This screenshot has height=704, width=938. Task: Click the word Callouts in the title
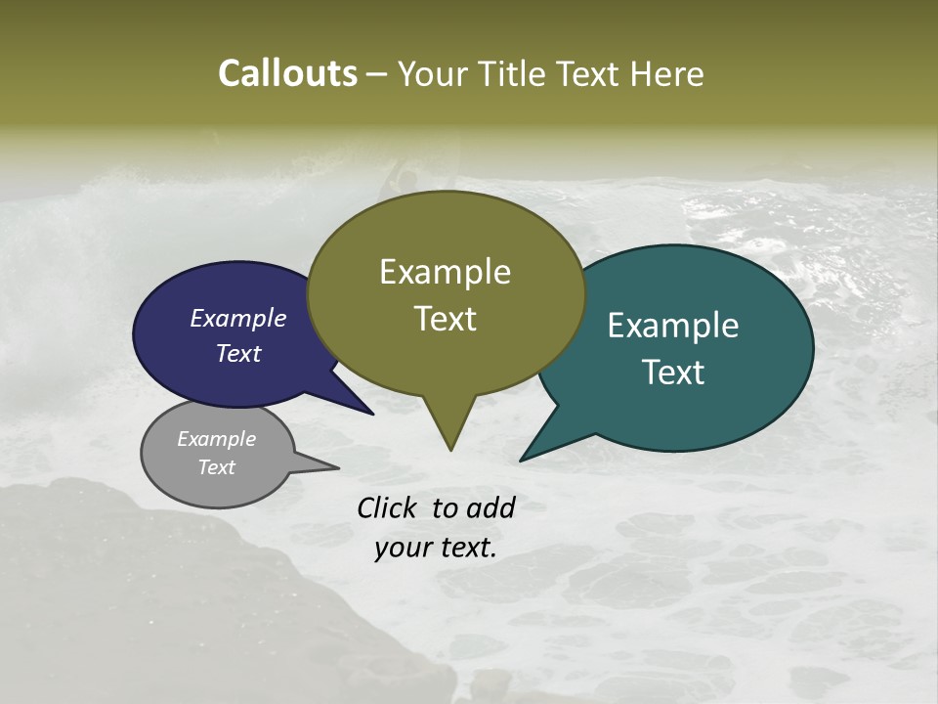point(287,73)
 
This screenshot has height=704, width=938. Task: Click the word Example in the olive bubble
point(445,272)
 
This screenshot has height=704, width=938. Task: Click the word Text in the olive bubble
point(445,319)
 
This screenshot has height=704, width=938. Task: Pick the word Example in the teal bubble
point(672,326)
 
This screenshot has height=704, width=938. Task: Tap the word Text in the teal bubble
point(672,373)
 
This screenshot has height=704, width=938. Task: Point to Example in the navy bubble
point(237,318)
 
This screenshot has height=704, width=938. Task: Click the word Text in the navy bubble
point(237,353)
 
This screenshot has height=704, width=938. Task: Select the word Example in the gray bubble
point(216,439)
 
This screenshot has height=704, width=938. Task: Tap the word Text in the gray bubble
point(216,467)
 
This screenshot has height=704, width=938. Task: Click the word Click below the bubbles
point(389,507)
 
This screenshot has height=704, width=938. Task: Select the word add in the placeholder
point(491,507)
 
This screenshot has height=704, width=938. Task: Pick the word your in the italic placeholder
point(403,548)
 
